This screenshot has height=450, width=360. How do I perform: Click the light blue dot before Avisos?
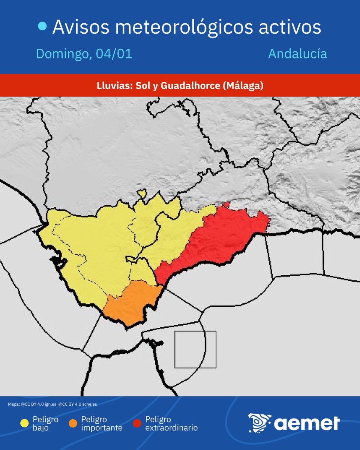pyautogui.click(x=43, y=26)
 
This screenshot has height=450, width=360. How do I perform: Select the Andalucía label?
pyautogui.click(x=297, y=54)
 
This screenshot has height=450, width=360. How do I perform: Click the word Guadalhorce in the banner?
pyautogui.click(x=190, y=85)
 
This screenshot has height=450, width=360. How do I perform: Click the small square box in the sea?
pyautogui.click(x=195, y=349)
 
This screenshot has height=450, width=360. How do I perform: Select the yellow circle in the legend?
pyautogui.click(x=24, y=423)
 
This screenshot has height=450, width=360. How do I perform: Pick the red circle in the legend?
pyautogui.click(x=137, y=423)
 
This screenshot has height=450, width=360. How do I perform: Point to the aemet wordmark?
pyautogui.click(x=307, y=423)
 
